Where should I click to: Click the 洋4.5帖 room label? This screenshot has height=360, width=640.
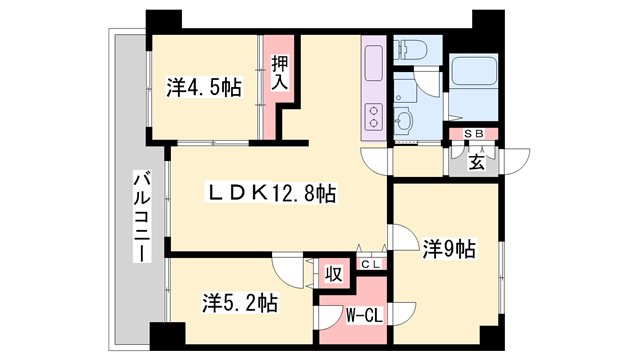point(203,87)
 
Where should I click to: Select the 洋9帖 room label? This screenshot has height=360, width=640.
point(448,247)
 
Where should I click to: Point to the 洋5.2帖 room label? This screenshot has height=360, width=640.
point(240,301)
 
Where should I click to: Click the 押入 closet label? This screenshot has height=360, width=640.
point(280,72)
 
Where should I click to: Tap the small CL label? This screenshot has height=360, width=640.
point(370,264)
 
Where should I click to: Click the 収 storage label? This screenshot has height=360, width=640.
point(333,271)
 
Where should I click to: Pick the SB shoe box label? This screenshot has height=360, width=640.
point(474,134)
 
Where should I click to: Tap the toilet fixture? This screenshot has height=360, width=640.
point(411,50)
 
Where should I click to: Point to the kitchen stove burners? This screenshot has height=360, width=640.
point(374,117)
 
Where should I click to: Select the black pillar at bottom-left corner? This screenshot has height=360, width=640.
point(160,337)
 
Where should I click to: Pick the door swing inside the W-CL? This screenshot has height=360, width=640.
point(330,317)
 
